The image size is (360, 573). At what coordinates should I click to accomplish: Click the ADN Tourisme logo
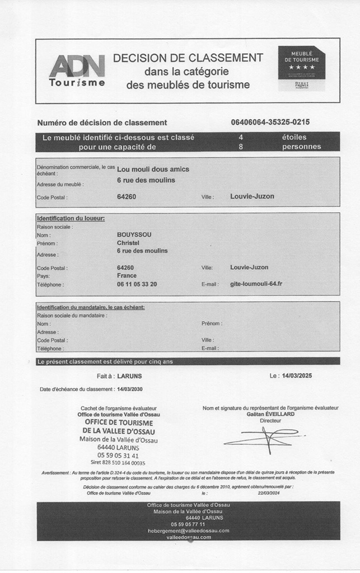[x=77, y=71]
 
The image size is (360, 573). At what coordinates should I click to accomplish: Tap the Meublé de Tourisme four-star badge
[x=301, y=68]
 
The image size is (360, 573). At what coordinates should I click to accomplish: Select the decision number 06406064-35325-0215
[x=270, y=123]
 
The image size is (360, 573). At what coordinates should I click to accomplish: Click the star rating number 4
[x=241, y=137]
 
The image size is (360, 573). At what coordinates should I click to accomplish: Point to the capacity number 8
[x=241, y=147]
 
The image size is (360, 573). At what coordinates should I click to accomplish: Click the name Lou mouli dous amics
[x=153, y=170]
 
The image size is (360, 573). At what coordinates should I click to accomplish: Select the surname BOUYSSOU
[x=134, y=234]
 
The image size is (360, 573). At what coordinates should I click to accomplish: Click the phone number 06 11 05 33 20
[x=137, y=284]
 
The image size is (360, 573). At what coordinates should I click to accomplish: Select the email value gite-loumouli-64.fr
[x=256, y=284]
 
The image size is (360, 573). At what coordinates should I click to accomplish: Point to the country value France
[x=127, y=276]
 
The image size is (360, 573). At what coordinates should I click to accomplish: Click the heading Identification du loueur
[x=71, y=218]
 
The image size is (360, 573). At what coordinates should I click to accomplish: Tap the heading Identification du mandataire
[x=91, y=307]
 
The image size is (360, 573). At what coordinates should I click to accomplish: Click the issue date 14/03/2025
[x=298, y=376]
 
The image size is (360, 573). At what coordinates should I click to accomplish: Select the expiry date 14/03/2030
[x=129, y=389]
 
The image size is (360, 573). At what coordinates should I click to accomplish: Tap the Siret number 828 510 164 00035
[x=118, y=463]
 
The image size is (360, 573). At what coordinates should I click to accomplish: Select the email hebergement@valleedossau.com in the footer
[x=188, y=530]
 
